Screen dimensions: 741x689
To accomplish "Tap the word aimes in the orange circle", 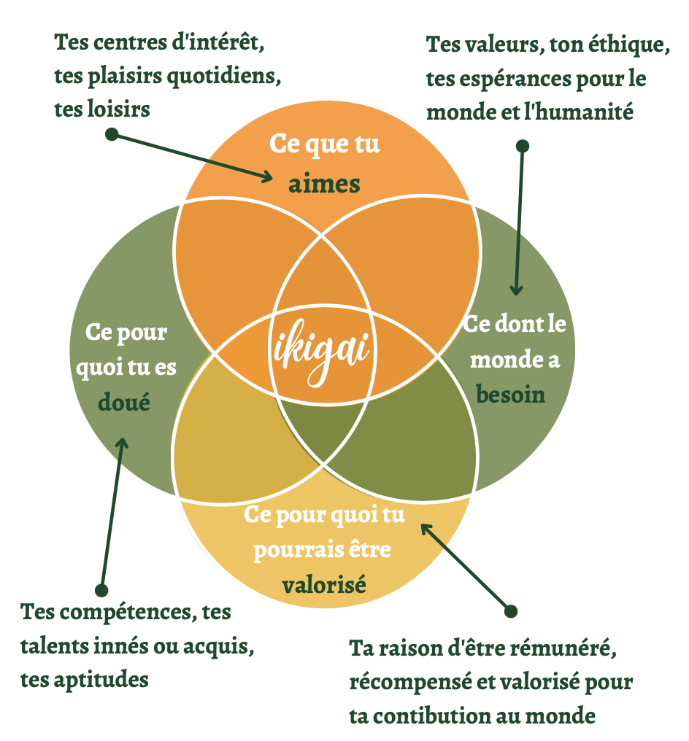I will pyautogui.click(x=324, y=184).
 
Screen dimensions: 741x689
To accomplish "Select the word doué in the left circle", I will pyautogui.click(x=123, y=400).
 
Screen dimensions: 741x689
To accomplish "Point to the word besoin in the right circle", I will pyautogui.click(x=511, y=394).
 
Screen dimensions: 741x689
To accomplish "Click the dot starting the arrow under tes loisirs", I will pyautogui.click(x=112, y=134).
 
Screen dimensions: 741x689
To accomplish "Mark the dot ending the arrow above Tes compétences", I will pyautogui.click(x=101, y=589).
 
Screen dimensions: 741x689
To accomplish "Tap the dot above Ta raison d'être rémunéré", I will pyautogui.click(x=511, y=610).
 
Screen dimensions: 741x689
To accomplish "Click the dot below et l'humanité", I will pyautogui.click(x=522, y=146).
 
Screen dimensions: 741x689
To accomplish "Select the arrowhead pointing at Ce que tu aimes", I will pyautogui.click(x=268, y=176).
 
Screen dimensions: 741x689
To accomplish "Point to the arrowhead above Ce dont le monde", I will pyautogui.click(x=516, y=290).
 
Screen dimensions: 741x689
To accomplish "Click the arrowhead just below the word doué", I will pyautogui.click(x=123, y=443).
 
